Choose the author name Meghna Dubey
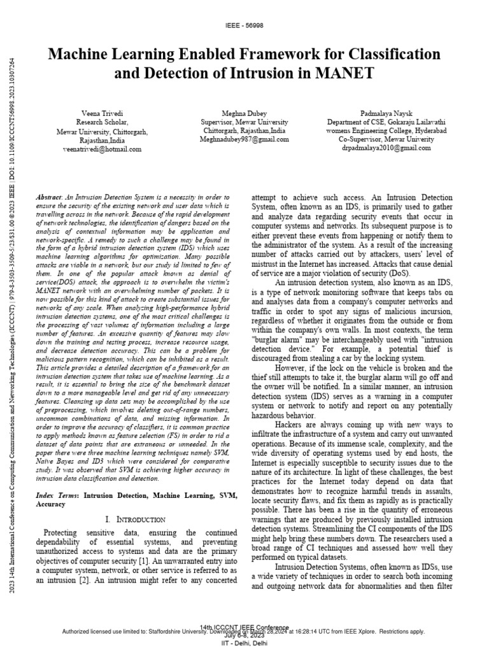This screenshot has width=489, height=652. tap(244, 112)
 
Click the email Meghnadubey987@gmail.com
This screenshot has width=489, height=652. tap(244, 138)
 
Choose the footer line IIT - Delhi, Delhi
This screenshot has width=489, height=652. tap(244, 644)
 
